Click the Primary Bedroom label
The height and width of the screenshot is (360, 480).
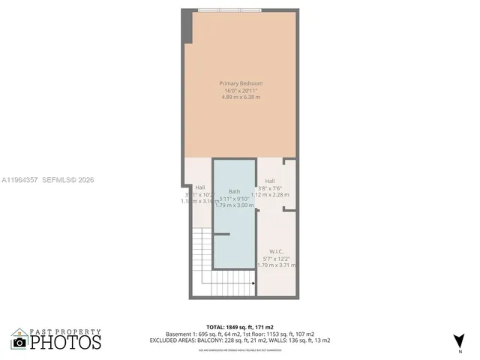(241, 82)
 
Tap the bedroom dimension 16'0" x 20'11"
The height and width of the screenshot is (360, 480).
(241, 90)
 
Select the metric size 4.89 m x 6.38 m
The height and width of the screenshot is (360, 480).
(241, 97)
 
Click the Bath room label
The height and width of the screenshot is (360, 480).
(235, 191)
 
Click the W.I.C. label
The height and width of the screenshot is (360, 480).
(276, 250)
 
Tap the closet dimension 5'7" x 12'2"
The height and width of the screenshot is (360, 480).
(276, 258)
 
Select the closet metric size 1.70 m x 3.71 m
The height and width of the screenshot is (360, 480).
(276, 265)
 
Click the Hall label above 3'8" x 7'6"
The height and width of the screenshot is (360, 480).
(270, 181)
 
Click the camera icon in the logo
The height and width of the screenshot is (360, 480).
(19, 342)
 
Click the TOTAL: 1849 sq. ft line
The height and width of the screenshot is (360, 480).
(240, 328)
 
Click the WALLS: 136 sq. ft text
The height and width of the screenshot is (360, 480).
(293, 340)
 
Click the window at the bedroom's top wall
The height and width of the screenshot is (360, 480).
(229, 10)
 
